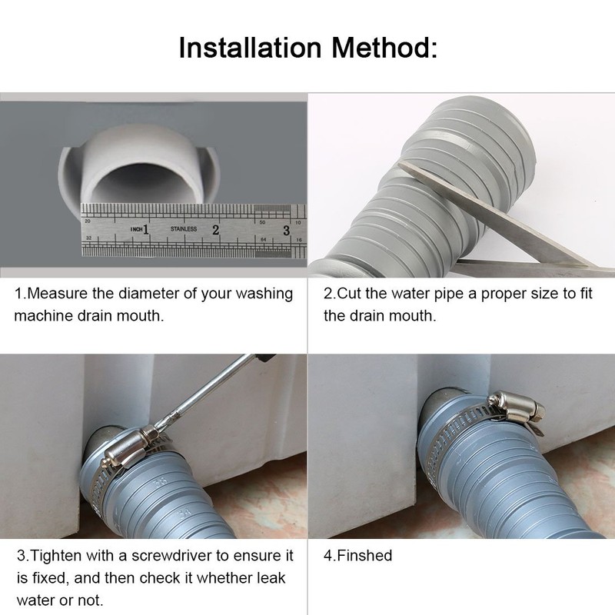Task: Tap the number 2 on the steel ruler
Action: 216,229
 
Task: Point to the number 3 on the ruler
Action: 286,229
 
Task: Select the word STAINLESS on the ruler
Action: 184,229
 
